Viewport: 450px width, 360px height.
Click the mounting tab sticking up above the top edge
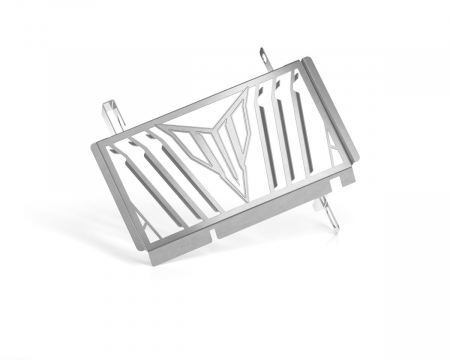tap(263, 60)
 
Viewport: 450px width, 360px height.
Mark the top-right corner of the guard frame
tap(299, 66)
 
